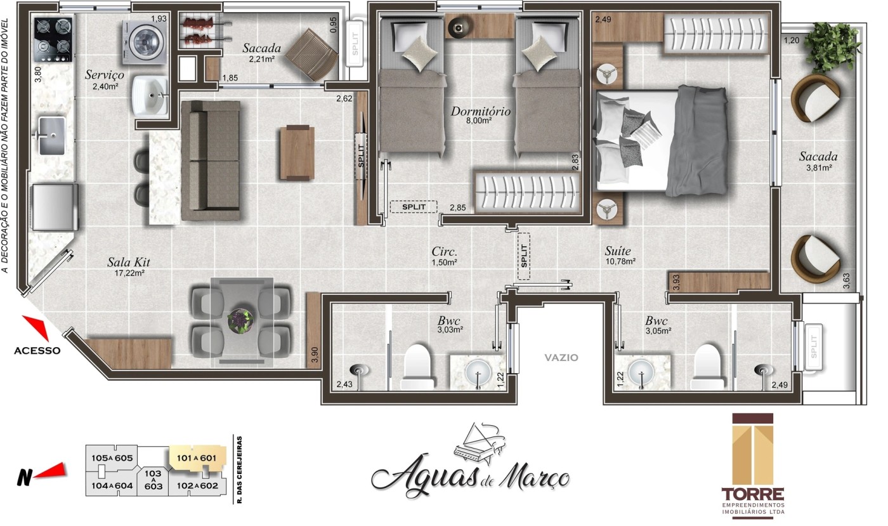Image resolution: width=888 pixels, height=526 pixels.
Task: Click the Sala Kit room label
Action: click(129, 262)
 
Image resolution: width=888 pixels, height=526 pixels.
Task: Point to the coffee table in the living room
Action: click(297, 153)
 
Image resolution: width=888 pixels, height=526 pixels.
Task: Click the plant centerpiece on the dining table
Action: click(242, 319)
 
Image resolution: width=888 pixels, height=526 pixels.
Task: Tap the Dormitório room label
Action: click(481, 112)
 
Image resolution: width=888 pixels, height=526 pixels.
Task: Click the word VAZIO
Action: click(561, 357)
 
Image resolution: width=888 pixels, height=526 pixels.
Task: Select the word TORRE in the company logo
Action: click(752, 494)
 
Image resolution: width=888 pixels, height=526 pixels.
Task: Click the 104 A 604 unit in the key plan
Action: click(112, 485)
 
